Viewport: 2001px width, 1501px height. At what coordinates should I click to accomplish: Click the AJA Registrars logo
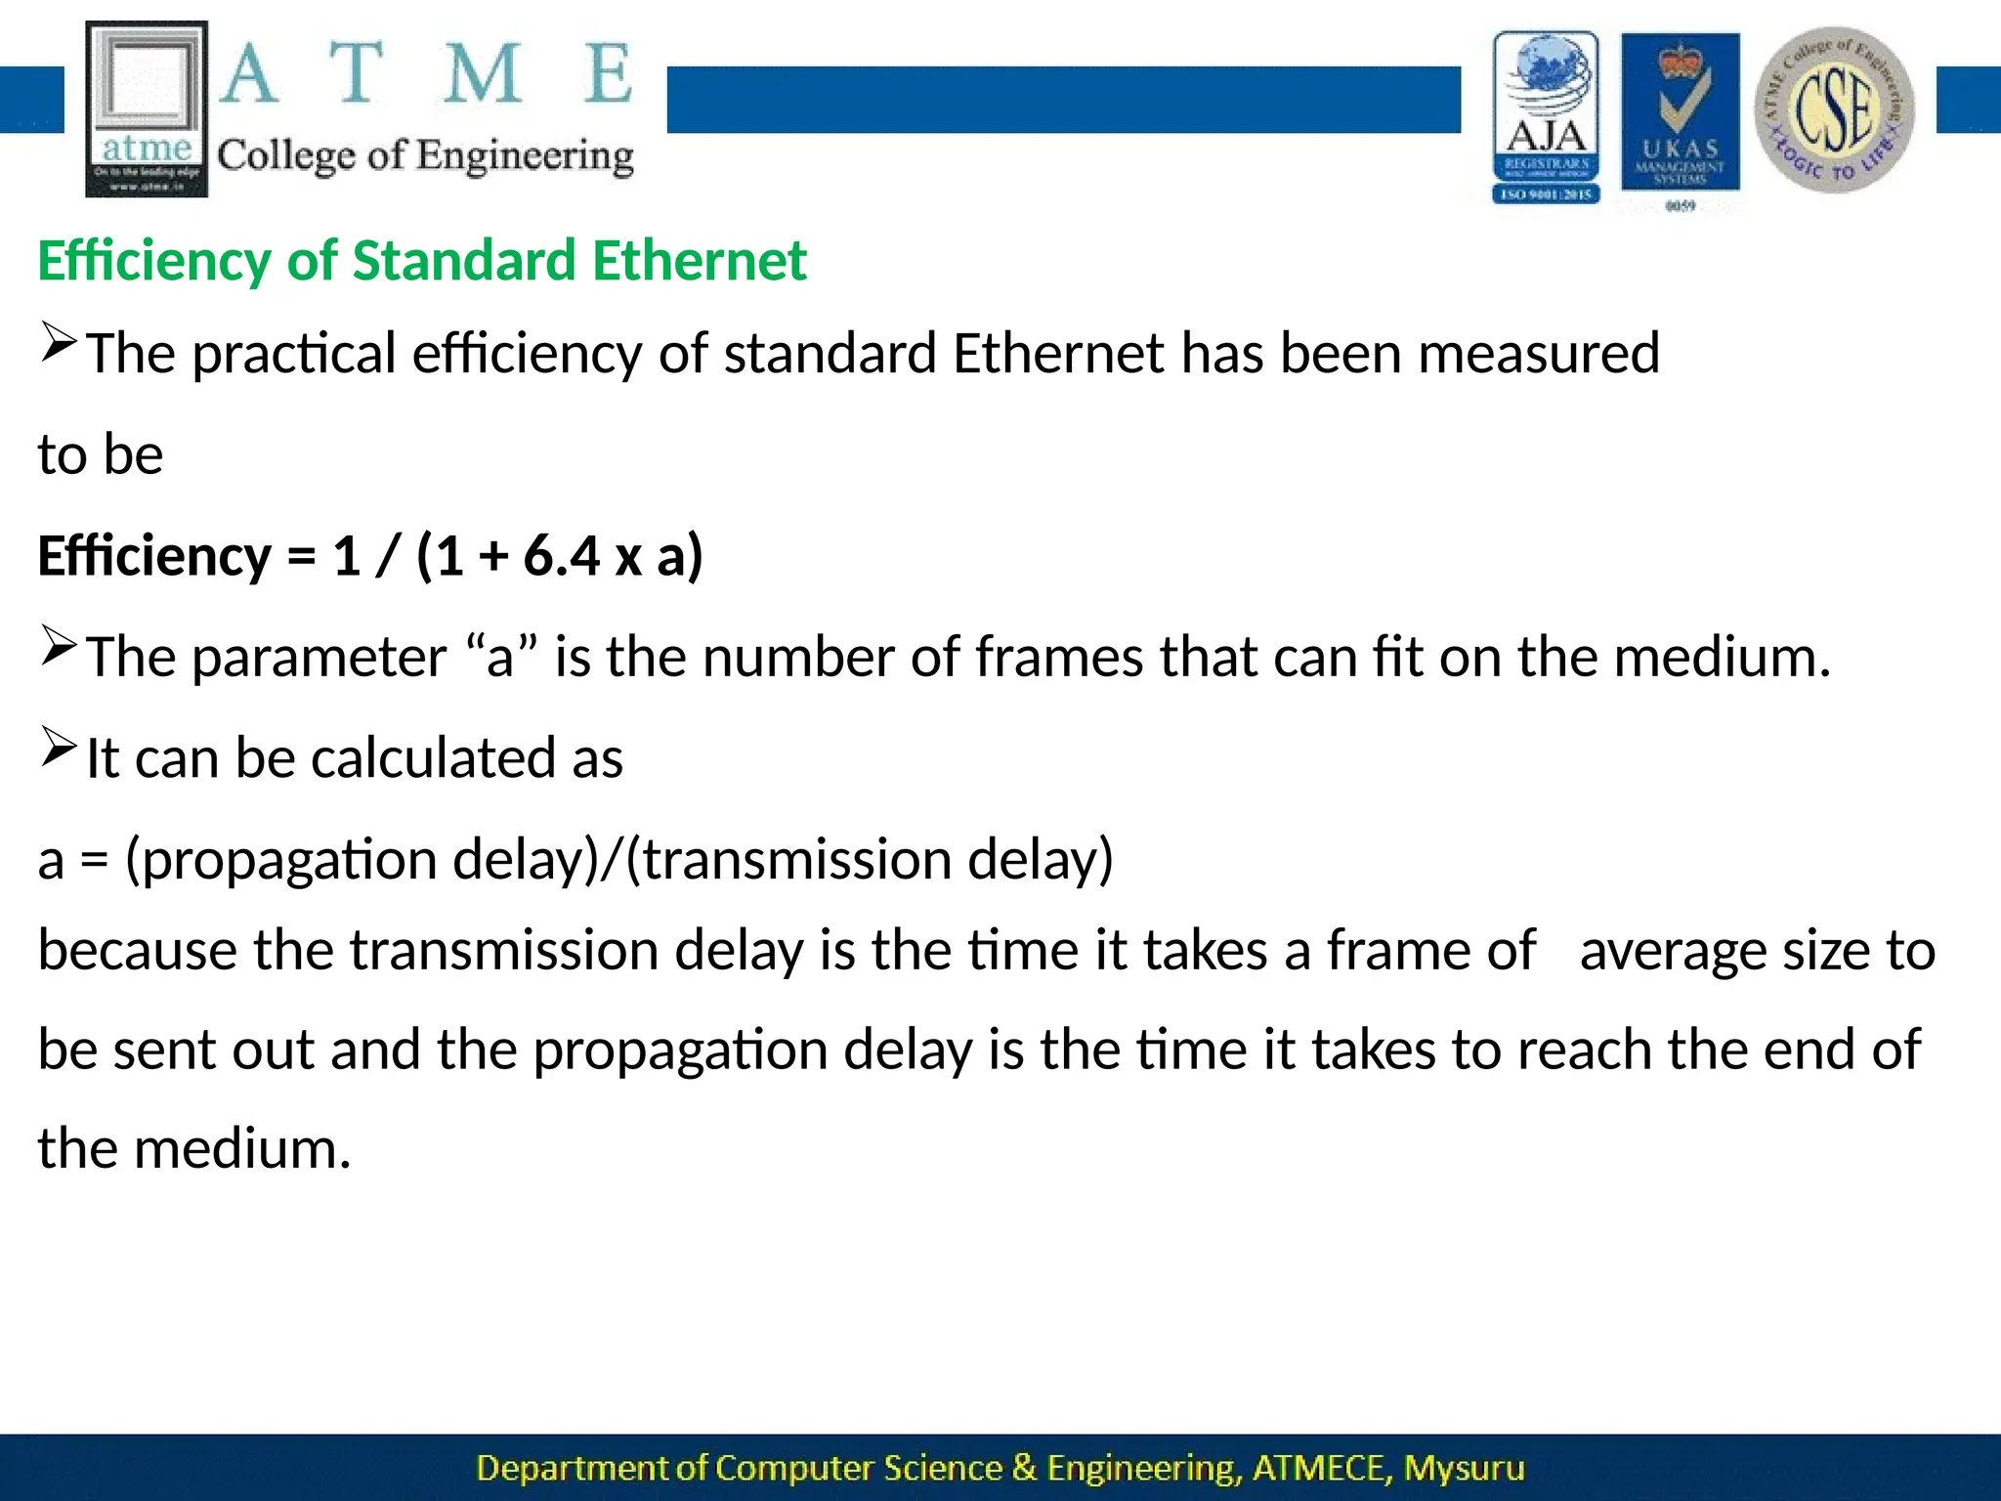point(1546,117)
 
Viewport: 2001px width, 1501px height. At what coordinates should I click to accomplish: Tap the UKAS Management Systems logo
point(1680,117)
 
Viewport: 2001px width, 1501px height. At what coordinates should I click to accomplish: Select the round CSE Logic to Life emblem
point(1835,109)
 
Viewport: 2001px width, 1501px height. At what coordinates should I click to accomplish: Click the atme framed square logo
point(147,107)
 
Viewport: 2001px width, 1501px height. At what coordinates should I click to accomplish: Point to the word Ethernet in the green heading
point(699,261)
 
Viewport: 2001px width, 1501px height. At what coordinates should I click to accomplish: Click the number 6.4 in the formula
point(561,556)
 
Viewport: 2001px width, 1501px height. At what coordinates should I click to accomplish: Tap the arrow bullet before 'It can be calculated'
point(58,749)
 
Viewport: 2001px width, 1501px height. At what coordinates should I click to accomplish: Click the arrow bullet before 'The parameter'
point(58,647)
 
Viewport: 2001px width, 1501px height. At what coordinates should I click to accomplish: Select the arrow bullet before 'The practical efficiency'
point(58,343)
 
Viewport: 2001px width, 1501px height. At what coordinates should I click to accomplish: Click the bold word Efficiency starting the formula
point(153,556)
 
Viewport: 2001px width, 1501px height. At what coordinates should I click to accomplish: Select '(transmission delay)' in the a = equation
point(869,860)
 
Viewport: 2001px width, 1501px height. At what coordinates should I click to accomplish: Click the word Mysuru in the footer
point(1464,1469)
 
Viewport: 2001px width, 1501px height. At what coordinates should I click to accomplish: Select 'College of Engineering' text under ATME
point(425,156)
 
